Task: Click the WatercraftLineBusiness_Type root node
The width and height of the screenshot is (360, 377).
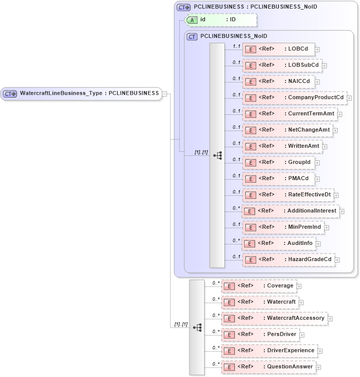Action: click(x=81, y=94)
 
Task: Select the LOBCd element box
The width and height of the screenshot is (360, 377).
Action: click(x=278, y=49)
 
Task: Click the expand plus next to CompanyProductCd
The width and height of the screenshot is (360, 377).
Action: click(x=349, y=98)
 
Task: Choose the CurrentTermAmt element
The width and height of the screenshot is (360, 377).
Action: click(x=289, y=114)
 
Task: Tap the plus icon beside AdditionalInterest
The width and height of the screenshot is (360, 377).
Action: click(x=341, y=211)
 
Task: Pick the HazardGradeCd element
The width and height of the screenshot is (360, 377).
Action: click(x=289, y=260)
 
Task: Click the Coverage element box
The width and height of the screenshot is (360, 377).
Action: click(x=258, y=286)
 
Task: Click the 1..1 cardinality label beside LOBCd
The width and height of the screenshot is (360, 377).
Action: click(x=235, y=46)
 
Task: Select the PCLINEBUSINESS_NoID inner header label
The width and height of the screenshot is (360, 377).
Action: click(x=233, y=36)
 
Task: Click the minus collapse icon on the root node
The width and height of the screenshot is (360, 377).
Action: click(x=165, y=94)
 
